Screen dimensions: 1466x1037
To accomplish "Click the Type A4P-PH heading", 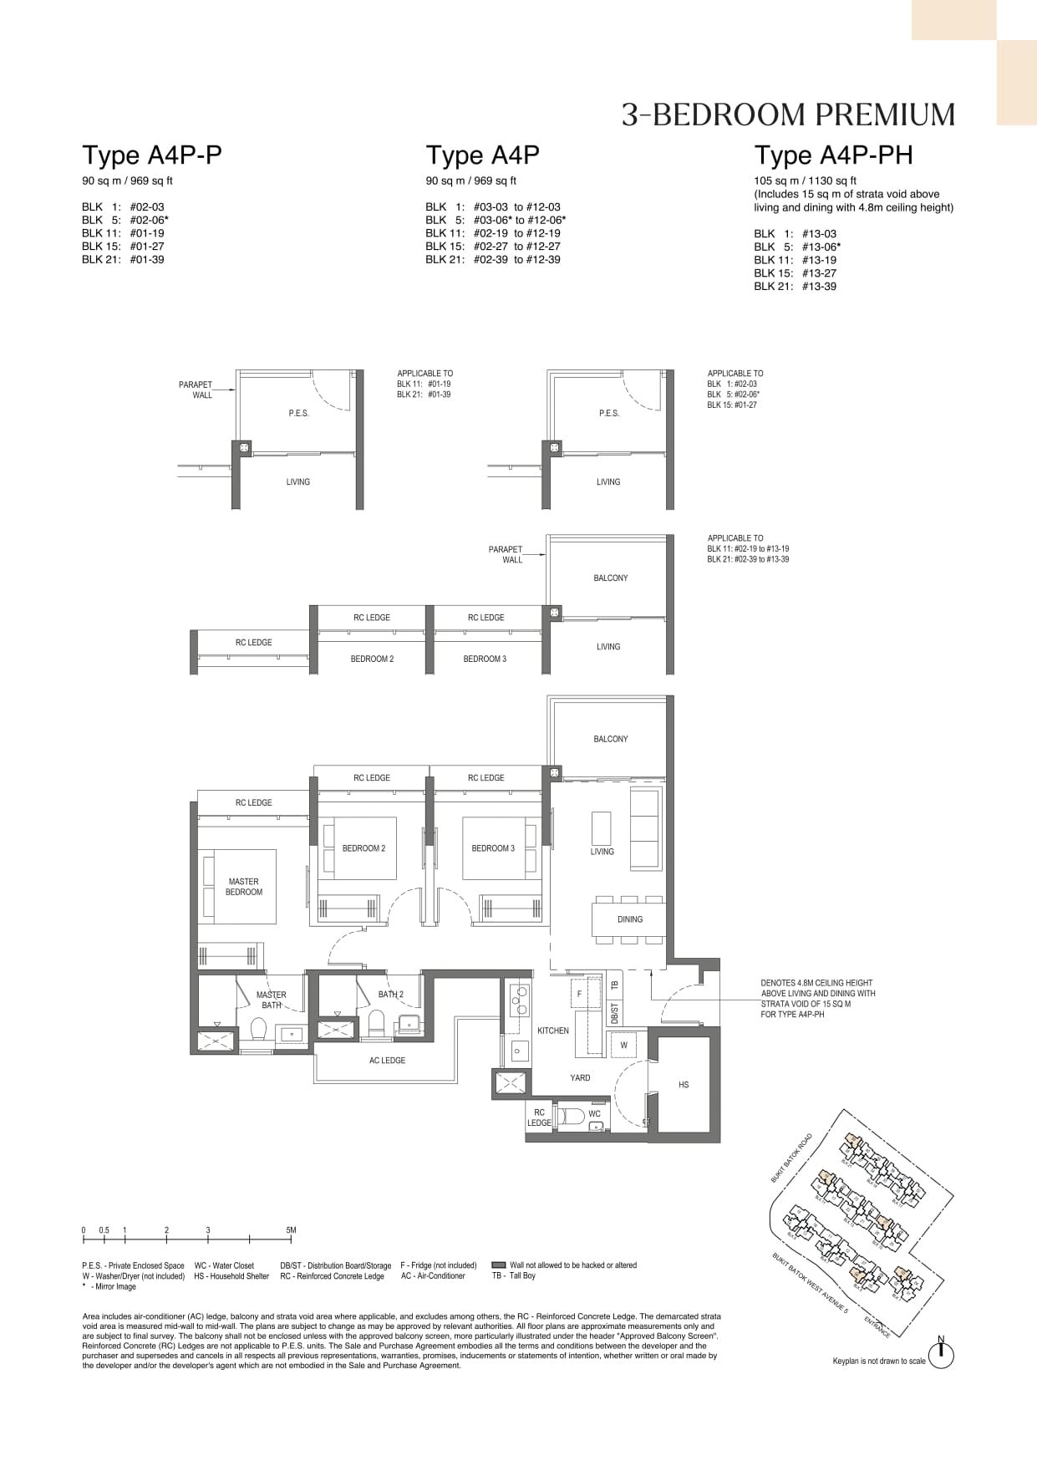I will click(833, 155).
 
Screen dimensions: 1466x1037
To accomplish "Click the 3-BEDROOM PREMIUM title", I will click(788, 115).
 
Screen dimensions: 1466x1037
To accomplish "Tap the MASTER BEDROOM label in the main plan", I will click(243, 887).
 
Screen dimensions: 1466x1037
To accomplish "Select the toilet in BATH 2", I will click(376, 1022).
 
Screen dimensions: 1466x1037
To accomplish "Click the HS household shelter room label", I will click(684, 1085).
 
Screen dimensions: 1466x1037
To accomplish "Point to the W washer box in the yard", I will click(623, 1046).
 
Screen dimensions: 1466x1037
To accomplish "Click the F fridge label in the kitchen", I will click(579, 995).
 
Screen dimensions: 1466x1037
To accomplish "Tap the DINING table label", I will click(630, 919).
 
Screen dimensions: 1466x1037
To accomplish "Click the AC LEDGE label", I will click(387, 1061).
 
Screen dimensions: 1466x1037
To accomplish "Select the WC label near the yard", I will click(594, 1114).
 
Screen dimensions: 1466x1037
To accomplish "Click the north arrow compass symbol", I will click(941, 1355).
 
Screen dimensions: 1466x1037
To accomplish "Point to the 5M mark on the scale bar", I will click(291, 1230).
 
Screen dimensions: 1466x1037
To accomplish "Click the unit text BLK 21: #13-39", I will click(795, 287).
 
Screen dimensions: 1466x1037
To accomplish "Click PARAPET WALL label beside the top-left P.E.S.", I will click(196, 390).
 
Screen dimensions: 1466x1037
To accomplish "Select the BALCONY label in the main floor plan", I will click(611, 739).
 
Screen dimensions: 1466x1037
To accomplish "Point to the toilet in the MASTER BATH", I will click(257, 1030).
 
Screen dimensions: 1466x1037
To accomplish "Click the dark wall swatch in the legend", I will click(499, 1265).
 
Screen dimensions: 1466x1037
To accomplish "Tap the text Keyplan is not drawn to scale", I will click(879, 1361).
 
